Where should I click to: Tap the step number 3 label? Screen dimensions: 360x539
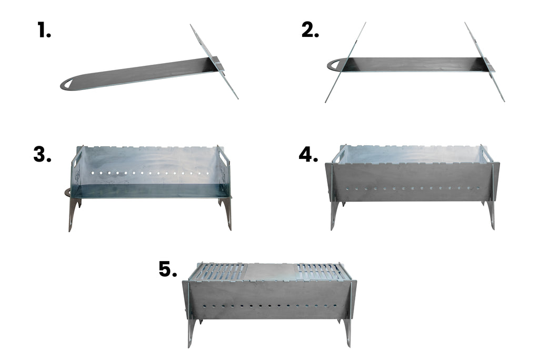42,154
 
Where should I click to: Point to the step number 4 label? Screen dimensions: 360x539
308,154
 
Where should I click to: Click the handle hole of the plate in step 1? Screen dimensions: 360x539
69,84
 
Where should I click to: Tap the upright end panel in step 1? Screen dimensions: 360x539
213,61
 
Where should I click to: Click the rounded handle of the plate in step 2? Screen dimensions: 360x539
333,65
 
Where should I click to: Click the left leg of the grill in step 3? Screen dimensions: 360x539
72,213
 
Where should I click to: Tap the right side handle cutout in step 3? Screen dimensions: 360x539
224,158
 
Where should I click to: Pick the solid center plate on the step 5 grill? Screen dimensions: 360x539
269,272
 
